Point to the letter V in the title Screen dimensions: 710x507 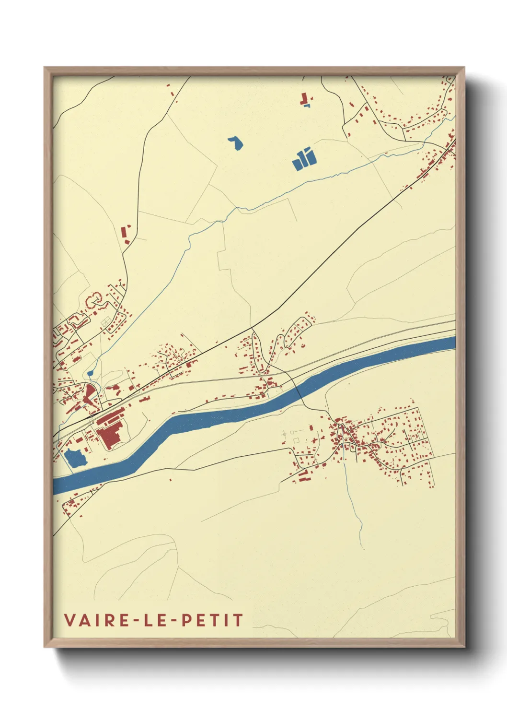point(69,620)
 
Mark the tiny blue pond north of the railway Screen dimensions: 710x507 point(91,372)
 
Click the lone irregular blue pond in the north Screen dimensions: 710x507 point(236,142)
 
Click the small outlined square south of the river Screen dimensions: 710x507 point(296,440)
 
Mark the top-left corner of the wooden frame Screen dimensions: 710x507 point(45,68)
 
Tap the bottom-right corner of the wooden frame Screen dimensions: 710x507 point(464,646)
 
